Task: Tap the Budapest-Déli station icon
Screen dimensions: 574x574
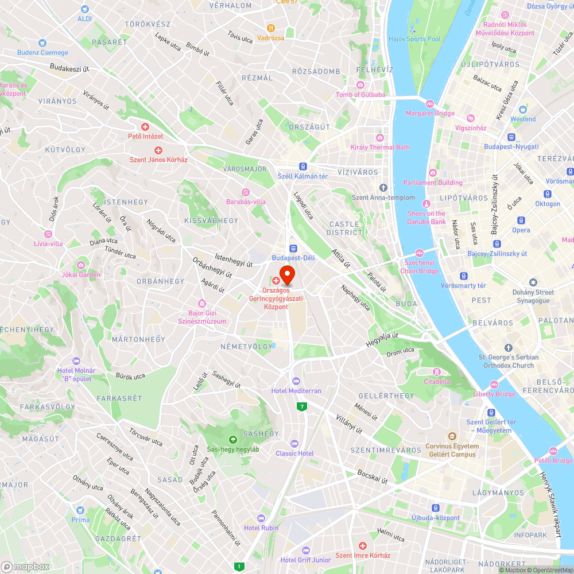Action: click(293, 248)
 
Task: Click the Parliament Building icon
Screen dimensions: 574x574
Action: click(432, 173)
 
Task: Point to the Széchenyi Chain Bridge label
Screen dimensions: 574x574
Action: click(419, 266)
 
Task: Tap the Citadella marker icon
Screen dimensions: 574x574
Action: click(437, 371)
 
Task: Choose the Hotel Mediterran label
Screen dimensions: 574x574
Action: click(296, 391)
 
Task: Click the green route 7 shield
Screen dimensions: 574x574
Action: click(301, 406)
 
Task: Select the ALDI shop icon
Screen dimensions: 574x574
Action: click(85, 9)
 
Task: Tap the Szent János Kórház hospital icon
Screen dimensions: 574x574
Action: click(158, 150)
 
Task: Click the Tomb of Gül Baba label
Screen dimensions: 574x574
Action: click(360, 95)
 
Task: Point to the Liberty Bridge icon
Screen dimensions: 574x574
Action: click(494, 384)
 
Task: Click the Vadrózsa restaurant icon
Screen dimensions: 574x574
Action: click(271, 28)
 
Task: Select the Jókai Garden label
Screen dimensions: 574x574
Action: click(81, 274)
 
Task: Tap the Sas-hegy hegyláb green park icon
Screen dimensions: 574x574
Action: click(232, 439)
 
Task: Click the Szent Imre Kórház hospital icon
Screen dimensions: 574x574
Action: click(362, 545)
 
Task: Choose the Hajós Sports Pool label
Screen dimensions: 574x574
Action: click(414, 39)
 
